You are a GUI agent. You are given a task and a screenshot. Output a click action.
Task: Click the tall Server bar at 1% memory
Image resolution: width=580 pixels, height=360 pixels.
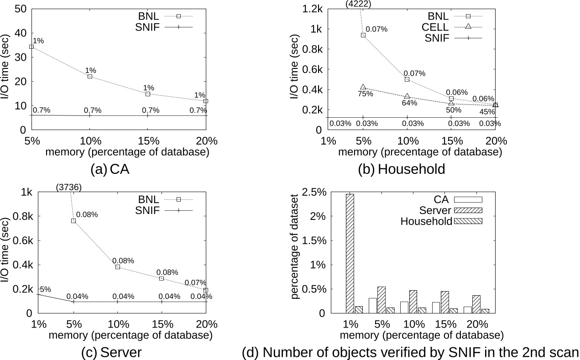tap(350, 253)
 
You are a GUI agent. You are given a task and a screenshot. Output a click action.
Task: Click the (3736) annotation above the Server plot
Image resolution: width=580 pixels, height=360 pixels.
tap(68, 187)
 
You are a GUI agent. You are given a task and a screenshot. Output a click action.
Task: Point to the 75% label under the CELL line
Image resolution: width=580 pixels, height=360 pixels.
tap(365, 94)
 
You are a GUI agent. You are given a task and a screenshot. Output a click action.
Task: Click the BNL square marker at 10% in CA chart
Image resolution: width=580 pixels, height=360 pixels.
tap(90, 76)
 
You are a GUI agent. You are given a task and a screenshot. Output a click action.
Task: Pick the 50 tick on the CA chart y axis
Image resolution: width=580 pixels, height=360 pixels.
tap(21, 9)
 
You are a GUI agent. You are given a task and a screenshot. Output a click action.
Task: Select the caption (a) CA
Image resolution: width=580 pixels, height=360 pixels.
tap(110, 169)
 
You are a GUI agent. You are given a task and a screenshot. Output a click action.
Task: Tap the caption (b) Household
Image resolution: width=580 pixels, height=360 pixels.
tap(401, 169)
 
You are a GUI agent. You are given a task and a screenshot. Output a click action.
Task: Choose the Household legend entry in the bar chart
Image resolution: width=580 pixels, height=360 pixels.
tap(426, 222)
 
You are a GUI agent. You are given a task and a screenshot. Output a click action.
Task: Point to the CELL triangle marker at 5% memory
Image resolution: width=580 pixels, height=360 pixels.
tap(363, 87)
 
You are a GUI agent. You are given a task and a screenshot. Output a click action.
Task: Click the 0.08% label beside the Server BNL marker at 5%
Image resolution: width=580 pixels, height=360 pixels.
tap(87, 214)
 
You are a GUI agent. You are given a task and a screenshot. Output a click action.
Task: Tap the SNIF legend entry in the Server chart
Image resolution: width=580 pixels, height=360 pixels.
tap(147, 210)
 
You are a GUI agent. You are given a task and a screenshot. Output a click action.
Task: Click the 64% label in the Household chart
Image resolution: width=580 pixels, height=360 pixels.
tap(409, 103)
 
